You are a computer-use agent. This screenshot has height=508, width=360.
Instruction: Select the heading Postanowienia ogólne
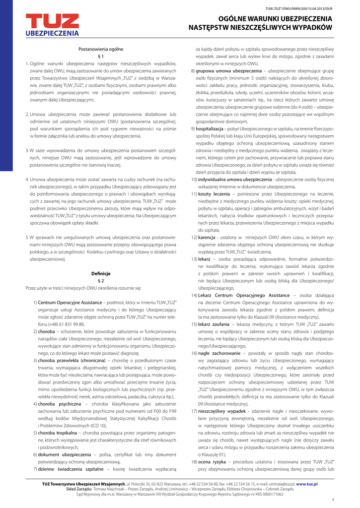101,49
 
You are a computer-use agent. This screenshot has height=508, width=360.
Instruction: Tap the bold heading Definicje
101,273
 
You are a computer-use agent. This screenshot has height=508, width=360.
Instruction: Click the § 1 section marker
101,56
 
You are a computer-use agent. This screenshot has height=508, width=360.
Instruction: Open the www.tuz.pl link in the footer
306,483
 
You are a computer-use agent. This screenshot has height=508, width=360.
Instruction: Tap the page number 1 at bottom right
332,500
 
